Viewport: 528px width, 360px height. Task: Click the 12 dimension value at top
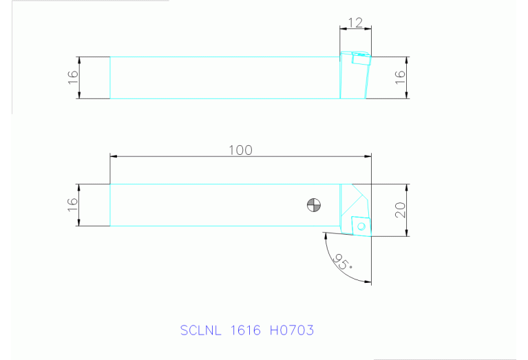(x=355, y=22)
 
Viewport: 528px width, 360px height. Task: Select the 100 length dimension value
(x=240, y=150)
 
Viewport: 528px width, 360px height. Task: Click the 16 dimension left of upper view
(x=73, y=77)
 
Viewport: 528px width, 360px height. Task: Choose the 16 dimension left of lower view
(x=73, y=204)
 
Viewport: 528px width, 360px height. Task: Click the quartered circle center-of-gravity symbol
(x=314, y=204)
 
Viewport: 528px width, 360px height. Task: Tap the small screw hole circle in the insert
(x=361, y=225)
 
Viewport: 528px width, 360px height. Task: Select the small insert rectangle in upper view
(x=360, y=59)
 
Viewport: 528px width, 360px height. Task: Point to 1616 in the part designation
(x=246, y=330)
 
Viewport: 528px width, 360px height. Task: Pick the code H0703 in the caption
(x=291, y=330)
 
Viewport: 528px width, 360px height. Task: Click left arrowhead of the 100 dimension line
(x=114, y=157)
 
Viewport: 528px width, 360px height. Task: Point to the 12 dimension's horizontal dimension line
(x=355, y=29)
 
